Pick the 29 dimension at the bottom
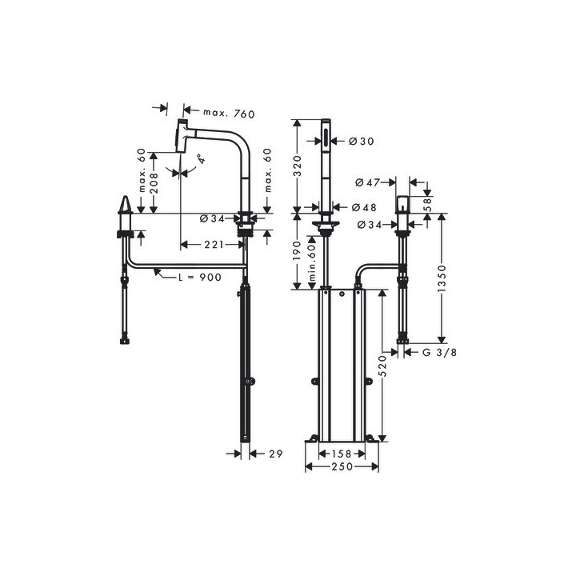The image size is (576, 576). [x=276, y=454]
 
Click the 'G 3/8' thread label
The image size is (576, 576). [x=438, y=351]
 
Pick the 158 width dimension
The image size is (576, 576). [x=342, y=454]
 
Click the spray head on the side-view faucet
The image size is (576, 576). [x=182, y=136]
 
